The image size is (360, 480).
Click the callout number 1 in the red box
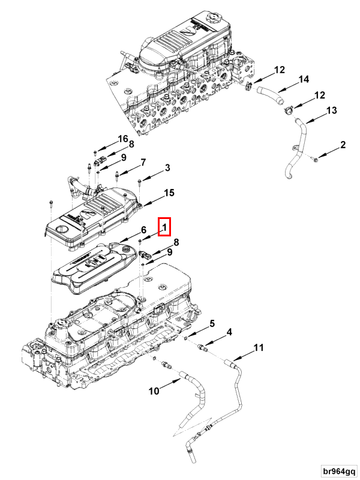[164, 227]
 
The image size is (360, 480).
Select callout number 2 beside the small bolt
[343, 145]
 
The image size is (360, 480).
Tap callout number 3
[167, 167]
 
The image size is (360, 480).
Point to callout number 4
[229, 332]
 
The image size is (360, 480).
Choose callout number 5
[211, 325]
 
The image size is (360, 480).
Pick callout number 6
[143, 230]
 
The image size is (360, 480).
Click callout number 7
[143, 162]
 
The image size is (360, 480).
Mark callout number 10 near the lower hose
[154, 391]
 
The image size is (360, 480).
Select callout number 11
[258, 348]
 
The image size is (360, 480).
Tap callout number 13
[331, 110]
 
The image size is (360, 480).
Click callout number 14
[303, 79]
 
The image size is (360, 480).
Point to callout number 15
[169, 193]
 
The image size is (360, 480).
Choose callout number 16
[122, 139]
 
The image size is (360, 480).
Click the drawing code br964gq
[338, 470]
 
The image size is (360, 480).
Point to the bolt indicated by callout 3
[139, 180]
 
